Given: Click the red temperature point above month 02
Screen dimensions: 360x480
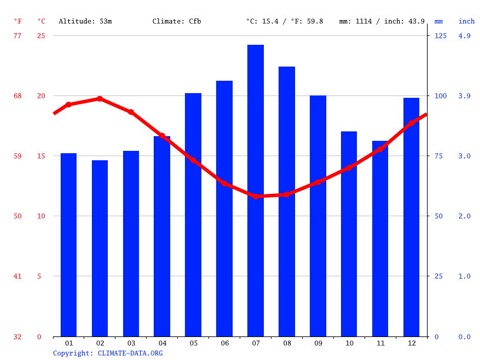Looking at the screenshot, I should (100, 98).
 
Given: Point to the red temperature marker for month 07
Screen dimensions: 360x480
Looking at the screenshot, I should (256, 196).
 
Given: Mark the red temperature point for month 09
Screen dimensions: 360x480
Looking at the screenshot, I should (318, 182).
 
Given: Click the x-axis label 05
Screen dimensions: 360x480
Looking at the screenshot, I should (193, 343).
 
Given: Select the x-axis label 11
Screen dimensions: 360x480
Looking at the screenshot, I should (380, 343).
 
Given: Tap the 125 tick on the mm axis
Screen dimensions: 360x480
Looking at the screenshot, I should (441, 36).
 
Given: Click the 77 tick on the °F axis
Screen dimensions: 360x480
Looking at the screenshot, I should (18, 36).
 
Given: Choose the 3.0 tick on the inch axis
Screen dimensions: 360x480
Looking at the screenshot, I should (465, 156).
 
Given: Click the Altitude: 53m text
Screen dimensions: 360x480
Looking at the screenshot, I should (85, 21).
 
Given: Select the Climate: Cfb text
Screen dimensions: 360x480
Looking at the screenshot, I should (177, 21).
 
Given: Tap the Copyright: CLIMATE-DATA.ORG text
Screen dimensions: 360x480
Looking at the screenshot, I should (108, 353).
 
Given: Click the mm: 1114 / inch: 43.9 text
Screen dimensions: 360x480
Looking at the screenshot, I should (382, 21).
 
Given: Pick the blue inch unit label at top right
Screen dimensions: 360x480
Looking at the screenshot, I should (466, 21).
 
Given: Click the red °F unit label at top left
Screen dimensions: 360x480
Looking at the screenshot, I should (18, 21).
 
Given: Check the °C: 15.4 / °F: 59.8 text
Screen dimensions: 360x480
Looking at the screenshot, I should (284, 21).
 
